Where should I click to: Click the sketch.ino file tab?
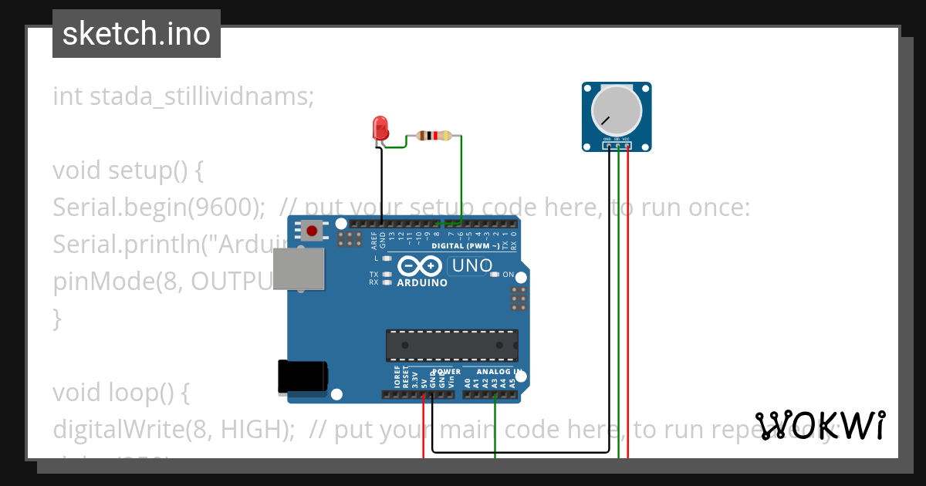point(137,34)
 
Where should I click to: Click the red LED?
point(380,128)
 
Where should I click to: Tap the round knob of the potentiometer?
point(616,109)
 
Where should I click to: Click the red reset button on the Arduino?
point(313,230)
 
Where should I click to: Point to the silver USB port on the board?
point(298,269)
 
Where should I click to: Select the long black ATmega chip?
point(451,345)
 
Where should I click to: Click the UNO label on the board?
point(471,266)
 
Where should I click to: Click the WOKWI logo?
point(820,426)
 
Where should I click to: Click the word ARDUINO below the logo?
point(422,283)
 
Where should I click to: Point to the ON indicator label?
point(508,275)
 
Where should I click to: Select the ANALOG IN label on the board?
point(498,372)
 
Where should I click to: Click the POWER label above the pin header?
point(446,372)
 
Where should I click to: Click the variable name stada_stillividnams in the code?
point(201,97)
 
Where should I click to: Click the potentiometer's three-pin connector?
point(617,144)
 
